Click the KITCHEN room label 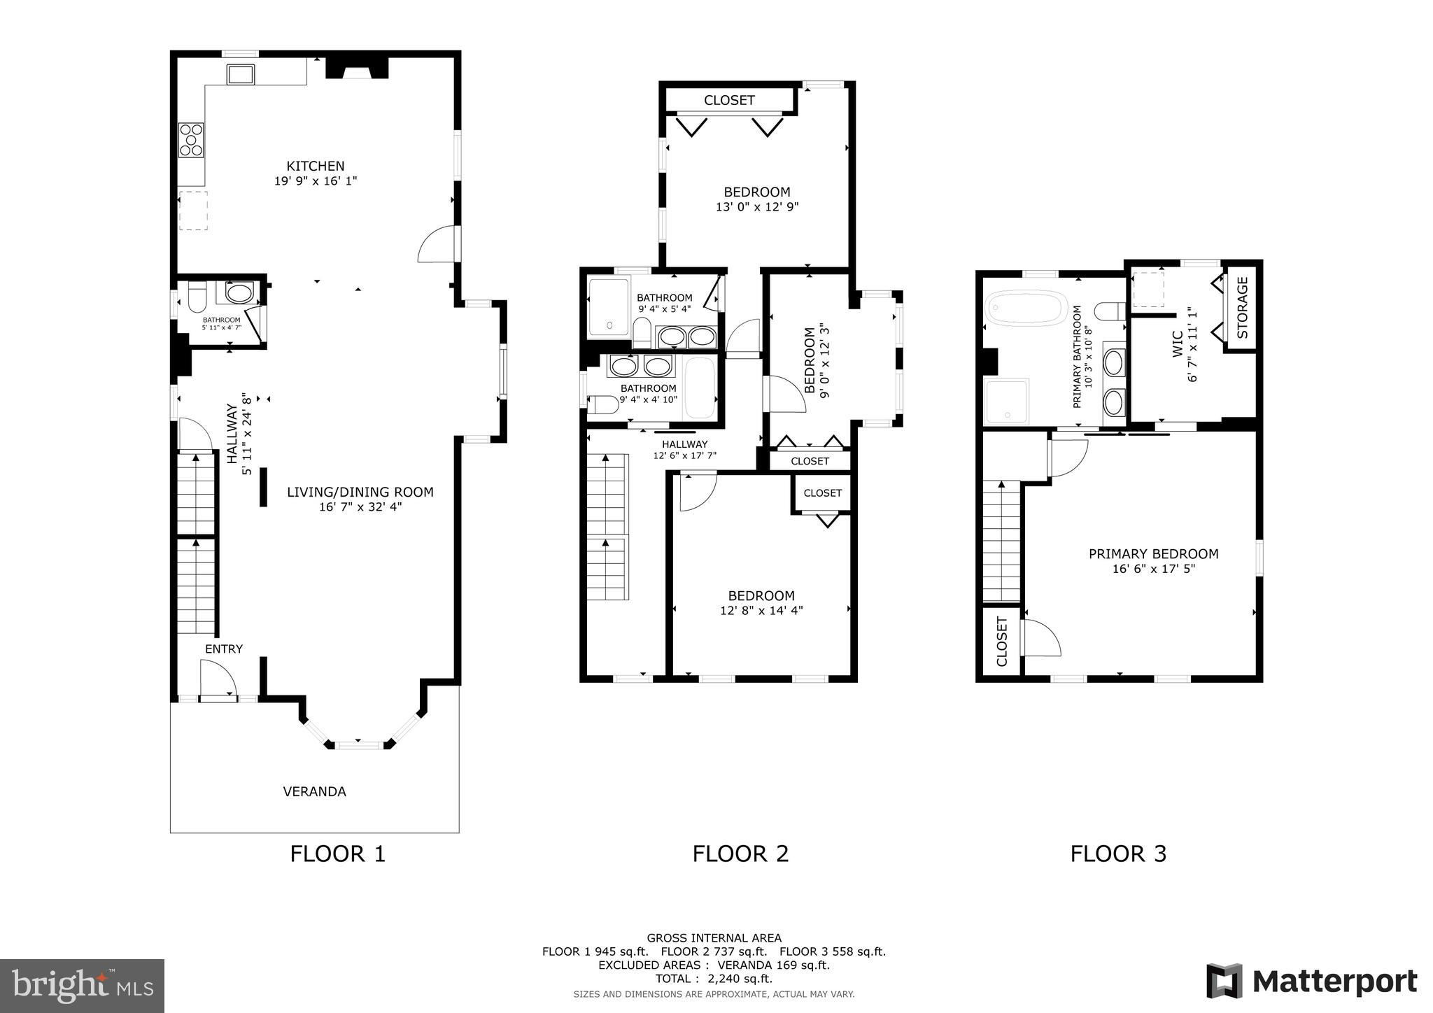tap(316, 166)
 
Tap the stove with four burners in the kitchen tap(191, 139)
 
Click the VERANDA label tap(314, 791)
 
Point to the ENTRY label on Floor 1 tap(224, 649)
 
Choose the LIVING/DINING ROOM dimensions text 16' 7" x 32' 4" tap(360, 507)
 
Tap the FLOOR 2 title tap(740, 853)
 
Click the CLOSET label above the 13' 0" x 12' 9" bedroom tap(729, 100)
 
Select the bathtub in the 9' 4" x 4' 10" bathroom tap(700, 387)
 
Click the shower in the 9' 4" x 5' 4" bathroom tap(609, 307)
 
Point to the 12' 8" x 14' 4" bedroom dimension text tap(761, 610)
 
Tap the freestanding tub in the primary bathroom tap(1026, 308)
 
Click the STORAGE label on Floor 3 tap(1243, 308)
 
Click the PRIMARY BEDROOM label tap(1153, 554)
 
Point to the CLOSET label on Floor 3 tap(1001, 642)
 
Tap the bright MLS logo tap(83, 986)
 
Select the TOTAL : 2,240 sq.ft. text tap(714, 979)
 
